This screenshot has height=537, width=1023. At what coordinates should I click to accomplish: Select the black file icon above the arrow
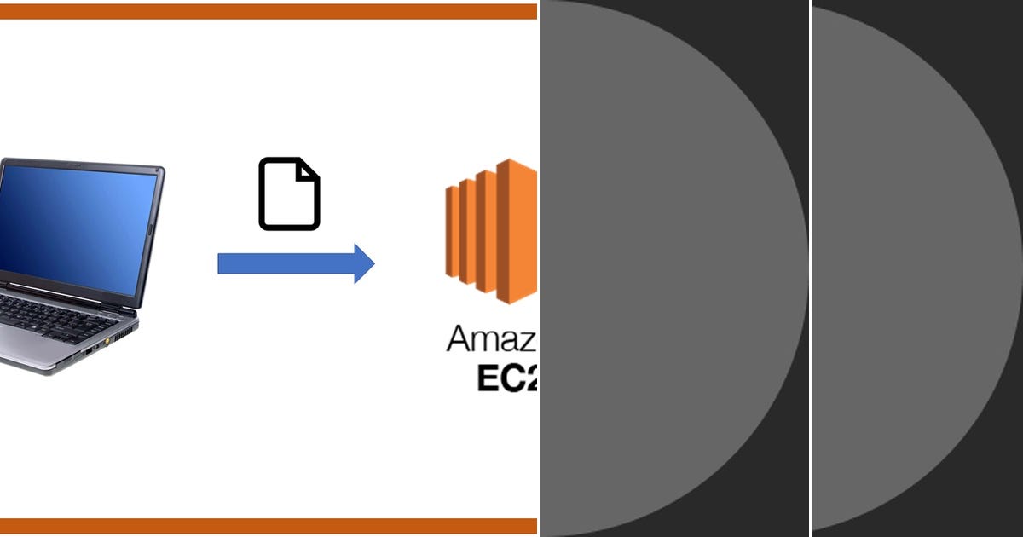coord(289,194)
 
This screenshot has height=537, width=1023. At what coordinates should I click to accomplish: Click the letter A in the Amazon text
coord(461,338)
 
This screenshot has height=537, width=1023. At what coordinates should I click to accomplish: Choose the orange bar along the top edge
coord(269,11)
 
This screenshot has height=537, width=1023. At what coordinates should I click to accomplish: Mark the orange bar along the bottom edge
coord(269,526)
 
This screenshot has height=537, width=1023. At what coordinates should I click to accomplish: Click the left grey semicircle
coord(665,268)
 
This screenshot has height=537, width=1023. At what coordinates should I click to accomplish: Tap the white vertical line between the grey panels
coord(810,268)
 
